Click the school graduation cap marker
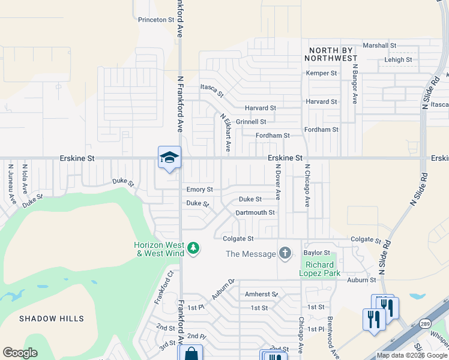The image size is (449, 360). (x=169, y=157)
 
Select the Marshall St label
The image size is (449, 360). (x=379, y=45)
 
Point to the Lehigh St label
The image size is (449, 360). (x=399, y=59)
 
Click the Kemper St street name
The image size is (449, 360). (x=321, y=73)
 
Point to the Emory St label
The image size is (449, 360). (x=199, y=190)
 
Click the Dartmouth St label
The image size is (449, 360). (x=255, y=212)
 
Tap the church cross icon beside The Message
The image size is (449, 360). (x=285, y=254)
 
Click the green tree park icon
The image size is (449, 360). (x=193, y=248)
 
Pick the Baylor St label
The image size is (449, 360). (x=317, y=253)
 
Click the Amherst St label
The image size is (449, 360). (x=261, y=294)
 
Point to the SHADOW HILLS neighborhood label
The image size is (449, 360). (x=51, y=319)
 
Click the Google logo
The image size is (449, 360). (x=20, y=353)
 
